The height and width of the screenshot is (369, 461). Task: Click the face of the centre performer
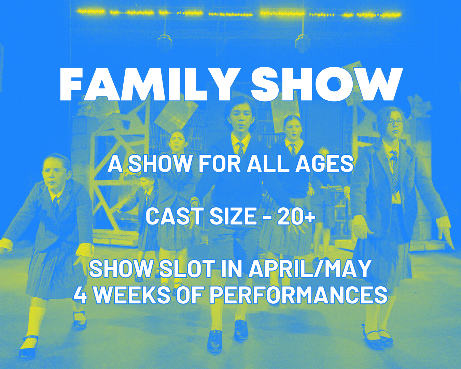point(240,120)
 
